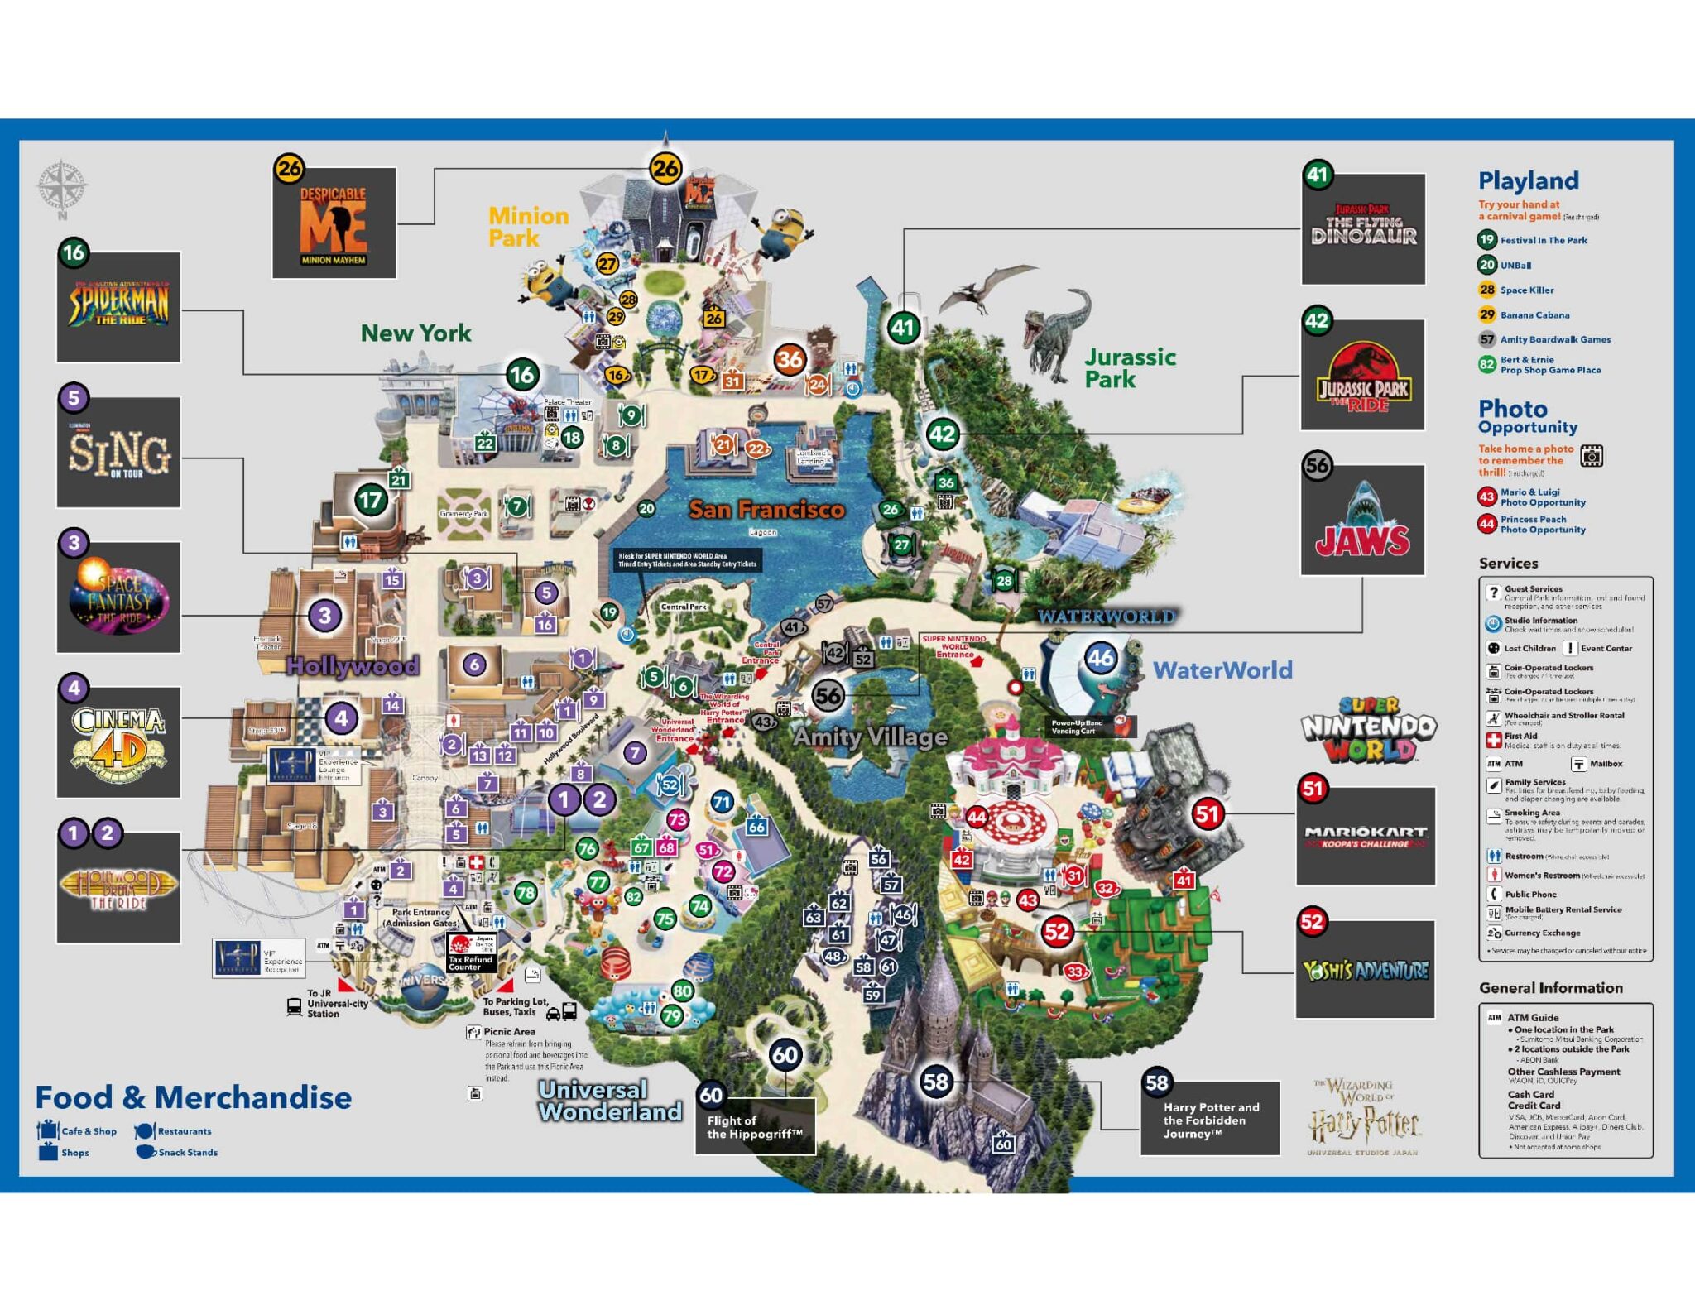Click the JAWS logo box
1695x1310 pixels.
coord(1362,521)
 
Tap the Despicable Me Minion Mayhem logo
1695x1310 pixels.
coord(334,223)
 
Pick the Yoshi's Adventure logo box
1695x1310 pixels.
coord(1365,969)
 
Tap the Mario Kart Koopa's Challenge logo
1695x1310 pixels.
coord(1366,836)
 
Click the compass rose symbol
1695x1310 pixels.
coord(61,186)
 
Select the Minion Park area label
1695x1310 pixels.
coord(528,227)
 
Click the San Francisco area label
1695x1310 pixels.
coord(766,509)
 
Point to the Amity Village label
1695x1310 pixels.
coord(870,736)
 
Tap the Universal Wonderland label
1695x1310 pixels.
coord(610,1101)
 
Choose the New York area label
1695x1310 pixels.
coord(415,333)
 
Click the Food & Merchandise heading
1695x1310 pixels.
coord(194,1097)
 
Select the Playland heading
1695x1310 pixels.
coord(1528,180)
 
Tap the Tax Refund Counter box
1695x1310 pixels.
coord(471,953)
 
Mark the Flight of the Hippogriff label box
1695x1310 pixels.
coord(755,1126)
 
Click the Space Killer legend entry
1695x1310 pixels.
coord(1526,290)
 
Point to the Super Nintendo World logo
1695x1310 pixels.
coord(1369,729)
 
